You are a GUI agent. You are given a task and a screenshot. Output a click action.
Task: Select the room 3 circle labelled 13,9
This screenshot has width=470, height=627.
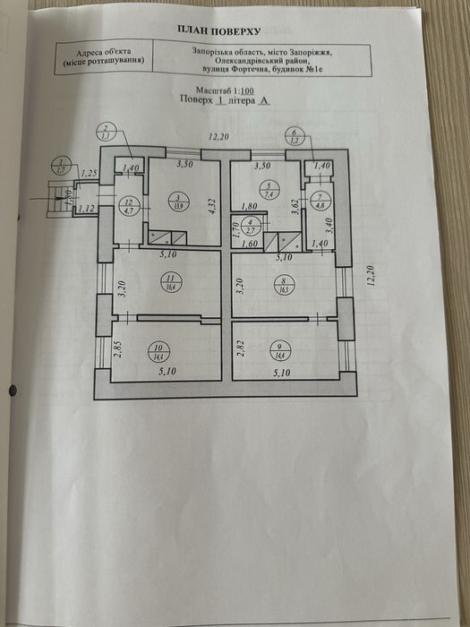tap(178, 202)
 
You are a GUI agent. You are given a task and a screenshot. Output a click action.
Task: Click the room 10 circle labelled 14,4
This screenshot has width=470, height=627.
tap(134, 352)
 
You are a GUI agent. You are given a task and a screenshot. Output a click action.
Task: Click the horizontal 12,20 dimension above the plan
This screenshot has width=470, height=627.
tap(218, 136)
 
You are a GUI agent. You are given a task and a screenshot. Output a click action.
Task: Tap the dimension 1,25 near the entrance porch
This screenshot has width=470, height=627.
tap(89, 173)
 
